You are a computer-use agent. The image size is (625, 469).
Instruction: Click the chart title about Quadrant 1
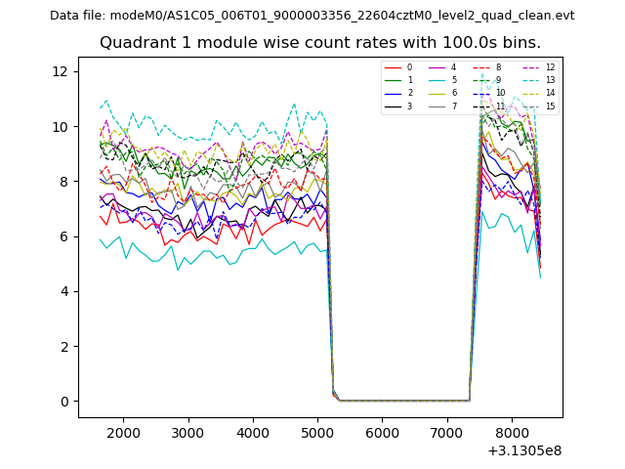pyautogui.click(x=319, y=43)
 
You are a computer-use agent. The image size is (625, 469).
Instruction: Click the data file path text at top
pyautogui.click(x=312, y=16)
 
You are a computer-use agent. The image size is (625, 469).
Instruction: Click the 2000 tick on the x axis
pyautogui.click(x=123, y=433)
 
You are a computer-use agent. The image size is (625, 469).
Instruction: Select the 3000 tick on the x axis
pyautogui.click(x=187, y=433)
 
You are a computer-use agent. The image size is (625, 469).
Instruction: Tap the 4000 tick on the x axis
pyautogui.click(x=253, y=433)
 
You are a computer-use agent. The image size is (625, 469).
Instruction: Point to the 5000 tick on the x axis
pyautogui.click(x=317, y=433)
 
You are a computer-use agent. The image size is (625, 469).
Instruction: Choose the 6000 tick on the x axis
pyautogui.click(x=382, y=433)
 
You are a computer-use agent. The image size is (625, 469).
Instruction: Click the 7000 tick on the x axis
pyautogui.click(x=447, y=433)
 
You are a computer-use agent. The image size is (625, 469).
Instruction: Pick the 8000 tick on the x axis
pyautogui.click(x=512, y=433)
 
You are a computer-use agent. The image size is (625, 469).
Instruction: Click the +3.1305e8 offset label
pyautogui.click(x=524, y=450)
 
